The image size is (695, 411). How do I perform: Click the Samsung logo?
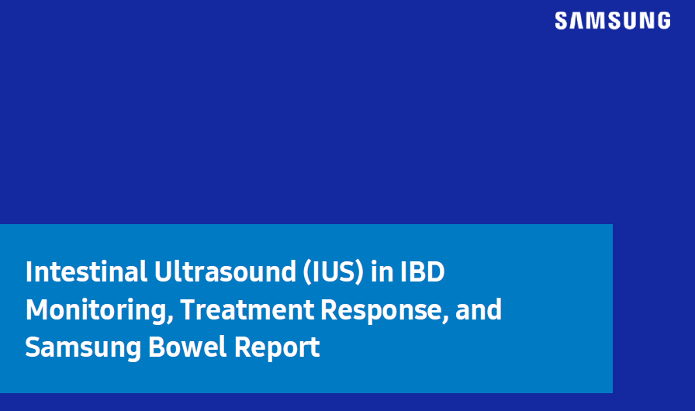point(613,21)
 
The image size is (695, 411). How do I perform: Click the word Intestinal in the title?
point(86,271)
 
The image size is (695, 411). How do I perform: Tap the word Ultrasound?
point(225,271)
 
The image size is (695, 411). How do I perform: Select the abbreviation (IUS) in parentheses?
point(334,272)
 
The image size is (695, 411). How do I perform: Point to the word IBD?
point(423,271)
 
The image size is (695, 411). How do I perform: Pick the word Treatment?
point(247,309)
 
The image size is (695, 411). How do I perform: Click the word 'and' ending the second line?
point(479,309)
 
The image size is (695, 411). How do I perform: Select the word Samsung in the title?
point(83,347)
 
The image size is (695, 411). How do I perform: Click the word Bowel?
point(188,347)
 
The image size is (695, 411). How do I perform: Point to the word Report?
point(277,347)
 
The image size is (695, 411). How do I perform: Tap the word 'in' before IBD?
point(382,271)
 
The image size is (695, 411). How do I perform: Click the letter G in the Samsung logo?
point(663,21)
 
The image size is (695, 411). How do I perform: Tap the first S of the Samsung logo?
point(562,21)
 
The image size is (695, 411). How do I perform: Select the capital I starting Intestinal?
point(29,271)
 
